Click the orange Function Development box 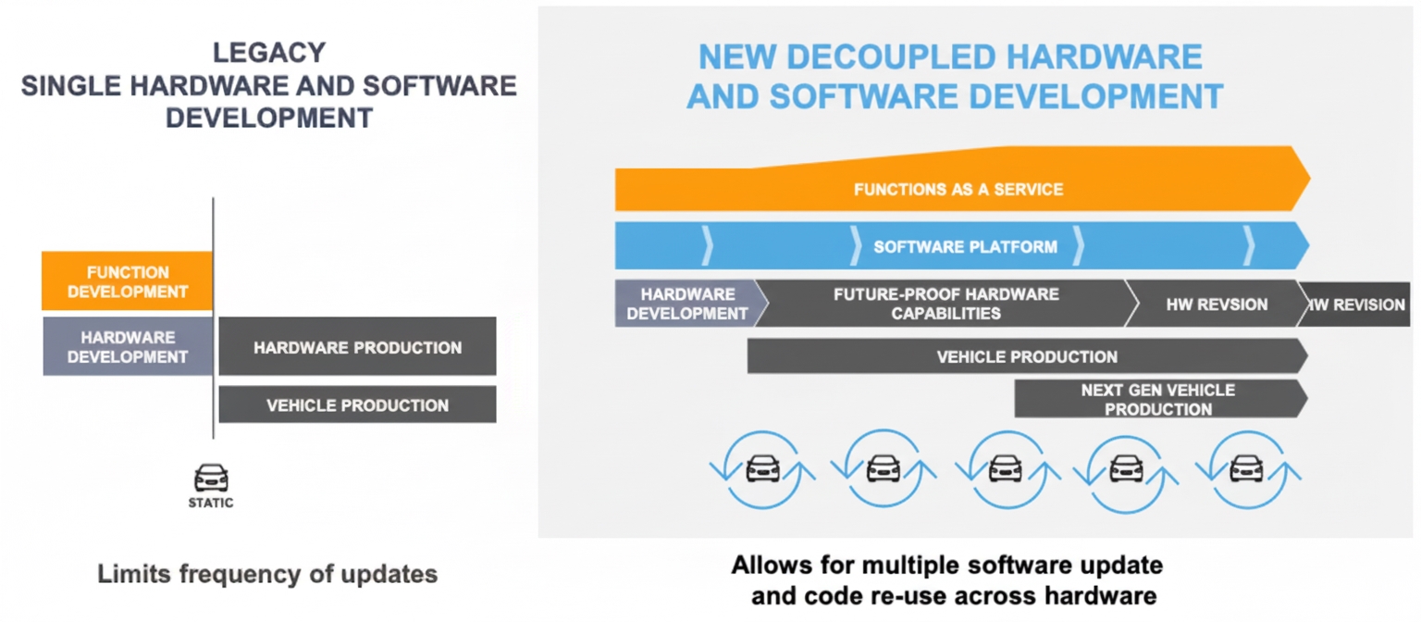[x=128, y=281]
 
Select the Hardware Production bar [x=357, y=347]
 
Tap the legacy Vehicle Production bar [x=357, y=404]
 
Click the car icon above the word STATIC [x=211, y=479]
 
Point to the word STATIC [x=211, y=504]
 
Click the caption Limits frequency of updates [x=267, y=574]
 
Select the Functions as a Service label [x=958, y=190]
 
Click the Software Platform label [x=965, y=247]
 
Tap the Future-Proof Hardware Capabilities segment [x=945, y=304]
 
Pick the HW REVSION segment [x=1217, y=305]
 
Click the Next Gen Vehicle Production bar [x=1157, y=399]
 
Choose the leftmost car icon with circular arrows [x=762, y=467]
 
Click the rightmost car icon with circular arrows [x=1247, y=467]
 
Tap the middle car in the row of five [x=1005, y=467]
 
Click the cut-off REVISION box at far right [x=1356, y=305]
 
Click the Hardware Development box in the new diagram [x=686, y=304]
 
